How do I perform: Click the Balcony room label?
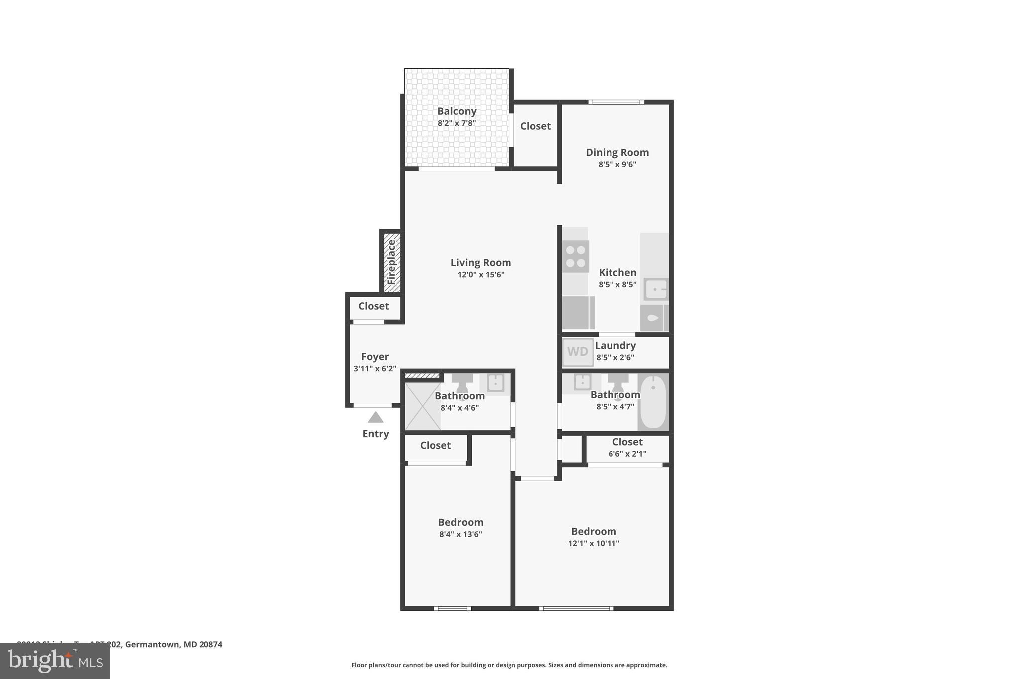pos(457,111)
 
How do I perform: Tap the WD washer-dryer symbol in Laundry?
pos(578,352)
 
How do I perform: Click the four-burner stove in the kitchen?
pos(576,256)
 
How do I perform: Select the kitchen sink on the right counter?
pos(656,289)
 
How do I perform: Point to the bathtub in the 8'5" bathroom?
pos(653,402)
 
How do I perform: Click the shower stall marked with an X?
pos(422,406)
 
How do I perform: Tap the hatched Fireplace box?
pos(391,262)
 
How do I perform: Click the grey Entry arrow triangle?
pos(376,417)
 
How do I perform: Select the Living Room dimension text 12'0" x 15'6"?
pos(481,275)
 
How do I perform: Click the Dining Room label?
pos(617,152)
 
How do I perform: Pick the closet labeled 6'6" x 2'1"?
pos(627,448)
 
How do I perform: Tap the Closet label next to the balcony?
pos(535,126)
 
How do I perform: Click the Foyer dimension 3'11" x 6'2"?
pos(375,369)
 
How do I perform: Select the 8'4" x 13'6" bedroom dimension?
pos(460,534)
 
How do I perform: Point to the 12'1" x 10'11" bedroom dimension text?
pos(594,543)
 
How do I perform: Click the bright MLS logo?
pos(55,661)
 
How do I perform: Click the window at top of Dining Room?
pos(616,102)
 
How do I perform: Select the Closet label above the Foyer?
pos(373,306)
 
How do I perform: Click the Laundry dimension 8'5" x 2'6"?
pos(615,357)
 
